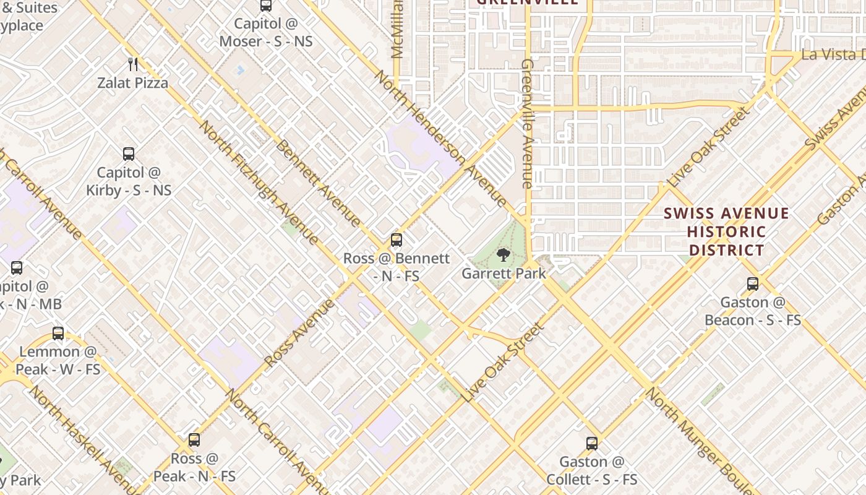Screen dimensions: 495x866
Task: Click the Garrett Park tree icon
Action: [504, 254]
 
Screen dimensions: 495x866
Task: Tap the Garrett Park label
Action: [504, 273]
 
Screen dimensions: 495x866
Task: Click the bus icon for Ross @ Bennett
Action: [397, 239]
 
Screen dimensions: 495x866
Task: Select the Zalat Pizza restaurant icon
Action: [132, 64]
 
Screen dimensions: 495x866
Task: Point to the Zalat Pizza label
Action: [132, 82]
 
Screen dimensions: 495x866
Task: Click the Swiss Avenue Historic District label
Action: [726, 232]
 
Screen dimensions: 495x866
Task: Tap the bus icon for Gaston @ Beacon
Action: [752, 284]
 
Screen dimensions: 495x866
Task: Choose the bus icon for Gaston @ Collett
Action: [592, 443]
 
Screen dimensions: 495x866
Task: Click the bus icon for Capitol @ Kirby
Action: [129, 153]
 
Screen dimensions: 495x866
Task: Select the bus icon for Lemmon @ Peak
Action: [58, 334]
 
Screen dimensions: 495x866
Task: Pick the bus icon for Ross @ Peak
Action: [194, 440]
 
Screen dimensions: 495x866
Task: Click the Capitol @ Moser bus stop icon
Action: [266, 6]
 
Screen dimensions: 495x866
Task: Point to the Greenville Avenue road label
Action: [527, 124]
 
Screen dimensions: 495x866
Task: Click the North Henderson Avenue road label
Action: [441, 139]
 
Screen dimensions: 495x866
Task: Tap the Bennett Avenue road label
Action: [318, 183]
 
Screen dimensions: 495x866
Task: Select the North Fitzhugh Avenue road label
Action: [259, 183]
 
